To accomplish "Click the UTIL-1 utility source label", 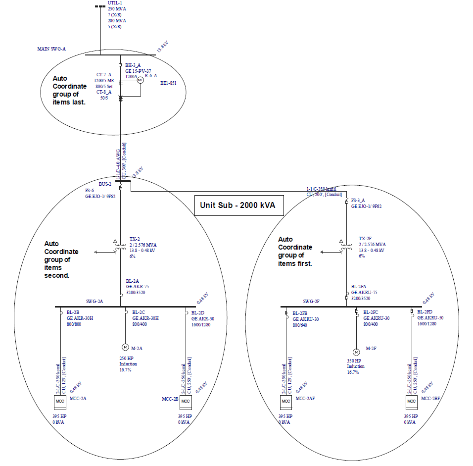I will click(x=115, y=3).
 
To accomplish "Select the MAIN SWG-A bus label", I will click(x=51, y=49).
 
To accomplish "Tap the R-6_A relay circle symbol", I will click(x=140, y=80).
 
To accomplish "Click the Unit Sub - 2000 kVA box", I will click(x=239, y=205).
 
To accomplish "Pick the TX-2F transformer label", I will click(x=365, y=238).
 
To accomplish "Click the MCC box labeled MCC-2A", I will click(x=60, y=401).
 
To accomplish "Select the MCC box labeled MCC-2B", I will click(x=186, y=401).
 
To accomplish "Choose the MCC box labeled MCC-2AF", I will click(x=285, y=401).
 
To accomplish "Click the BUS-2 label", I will click(x=105, y=184).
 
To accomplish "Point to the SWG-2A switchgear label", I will click(x=94, y=301).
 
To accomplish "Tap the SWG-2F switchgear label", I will click(x=312, y=301).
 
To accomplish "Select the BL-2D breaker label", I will click(x=198, y=312).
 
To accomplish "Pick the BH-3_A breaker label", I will click(x=133, y=65).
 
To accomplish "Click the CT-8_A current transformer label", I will click(x=103, y=92).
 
